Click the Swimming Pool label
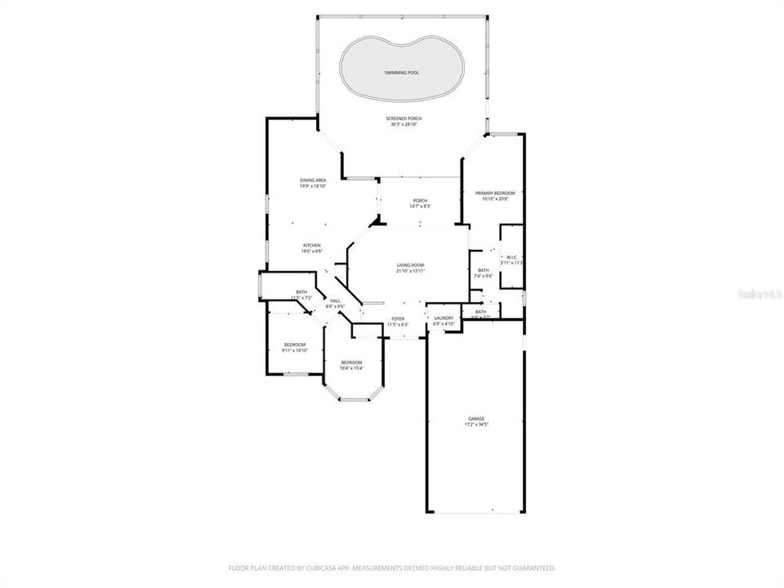pyautogui.click(x=402, y=73)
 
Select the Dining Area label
pyautogui.click(x=313, y=180)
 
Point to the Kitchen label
pyautogui.click(x=312, y=245)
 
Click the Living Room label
pyautogui.click(x=410, y=265)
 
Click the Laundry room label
pyautogui.click(x=443, y=318)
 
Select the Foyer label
pyautogui.click(x=398, y=318)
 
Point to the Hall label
pyautogui.click(x=335, y=301)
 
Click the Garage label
pyautogui.click(x=476, y=418)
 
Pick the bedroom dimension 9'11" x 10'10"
pyautogui.click(x=294, y=350)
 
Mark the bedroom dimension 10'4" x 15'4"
pyautogui.click(x=351, y=367)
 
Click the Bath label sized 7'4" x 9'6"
pyautogui.click(x=483, y=270)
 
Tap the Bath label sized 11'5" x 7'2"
pyautogui.click(x=301, y=292)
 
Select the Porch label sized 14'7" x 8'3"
pyautogui.click(x=420, y=201)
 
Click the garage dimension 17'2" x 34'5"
pyautogui.click(x=476, y=425)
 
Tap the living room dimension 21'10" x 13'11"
pyautogui.click(x=410, y=271)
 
